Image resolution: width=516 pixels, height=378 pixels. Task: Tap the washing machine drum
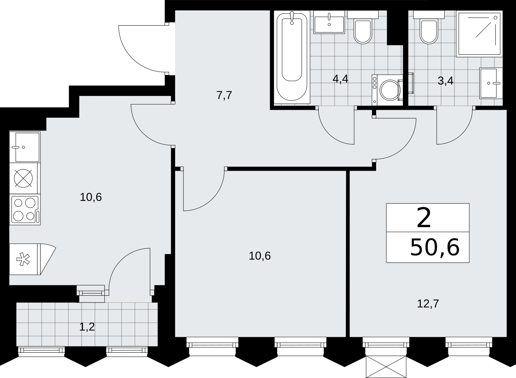(x=390, y=90)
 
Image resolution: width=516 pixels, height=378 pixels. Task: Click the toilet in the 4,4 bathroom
(x=363, y=27)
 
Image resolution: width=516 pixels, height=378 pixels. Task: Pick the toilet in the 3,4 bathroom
(x=429, y=27)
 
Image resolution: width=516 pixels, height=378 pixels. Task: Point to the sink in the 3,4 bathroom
(x=491, y=83)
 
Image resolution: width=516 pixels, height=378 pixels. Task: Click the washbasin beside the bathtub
(x=329, y=22)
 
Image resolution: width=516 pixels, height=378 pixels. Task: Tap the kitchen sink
(x=25, y=147)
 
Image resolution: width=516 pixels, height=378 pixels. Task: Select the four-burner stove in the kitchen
(x=25, y=209)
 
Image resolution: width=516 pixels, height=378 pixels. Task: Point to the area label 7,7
(x=224, y=95)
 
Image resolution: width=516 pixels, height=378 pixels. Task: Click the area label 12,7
(x=428, y=304)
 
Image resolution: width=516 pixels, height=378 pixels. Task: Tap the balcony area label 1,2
(x=87, y=327)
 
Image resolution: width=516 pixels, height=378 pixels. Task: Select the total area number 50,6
(x=435, y=248)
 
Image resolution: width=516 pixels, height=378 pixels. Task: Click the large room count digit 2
(x=424, y=218)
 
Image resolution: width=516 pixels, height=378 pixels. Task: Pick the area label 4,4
(x=340, y=79)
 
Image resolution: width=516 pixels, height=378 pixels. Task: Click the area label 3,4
(x=446, y=81)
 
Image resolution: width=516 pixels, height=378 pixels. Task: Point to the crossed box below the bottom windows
(x=386, y=367)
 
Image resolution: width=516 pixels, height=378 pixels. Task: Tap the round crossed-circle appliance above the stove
(x=23, y=178)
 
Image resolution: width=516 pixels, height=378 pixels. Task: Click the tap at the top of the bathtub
(x=292, y=17)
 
